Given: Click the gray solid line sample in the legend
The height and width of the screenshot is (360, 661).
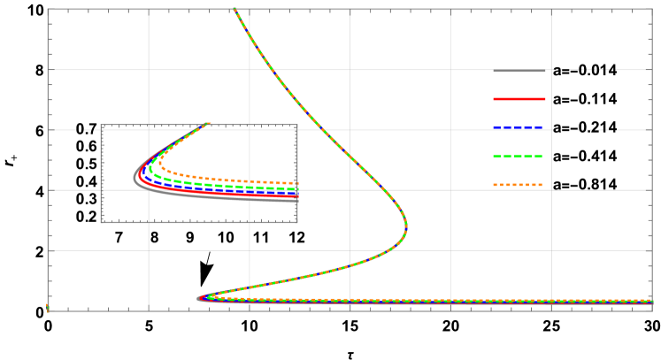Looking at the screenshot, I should click(519, 71).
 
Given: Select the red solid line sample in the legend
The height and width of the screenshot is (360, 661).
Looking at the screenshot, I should click(519, 99).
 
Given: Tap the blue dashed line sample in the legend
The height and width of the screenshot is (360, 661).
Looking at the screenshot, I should click(519, 127).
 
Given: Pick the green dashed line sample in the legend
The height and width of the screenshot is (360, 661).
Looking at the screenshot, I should click(519, 157).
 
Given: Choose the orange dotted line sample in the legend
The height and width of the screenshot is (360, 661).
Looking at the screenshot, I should click(519, 185).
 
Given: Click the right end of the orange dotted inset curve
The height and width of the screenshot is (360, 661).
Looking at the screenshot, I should click(296, 183).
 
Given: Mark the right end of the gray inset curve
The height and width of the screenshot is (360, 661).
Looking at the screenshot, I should click(296, 200).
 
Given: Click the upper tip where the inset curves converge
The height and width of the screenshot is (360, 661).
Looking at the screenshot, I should click(209, 124).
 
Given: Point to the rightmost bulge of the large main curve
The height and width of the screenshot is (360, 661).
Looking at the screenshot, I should click(406, 226).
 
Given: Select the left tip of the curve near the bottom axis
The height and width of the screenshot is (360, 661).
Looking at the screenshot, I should click(198, 298).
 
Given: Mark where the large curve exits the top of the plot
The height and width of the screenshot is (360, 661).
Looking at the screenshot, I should click(234, 10).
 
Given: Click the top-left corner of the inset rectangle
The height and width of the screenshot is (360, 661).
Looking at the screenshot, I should click(102, 126).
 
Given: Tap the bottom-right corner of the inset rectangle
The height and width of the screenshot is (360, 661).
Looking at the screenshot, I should click(296, 222).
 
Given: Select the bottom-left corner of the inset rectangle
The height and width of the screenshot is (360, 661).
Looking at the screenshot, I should click(102, 222).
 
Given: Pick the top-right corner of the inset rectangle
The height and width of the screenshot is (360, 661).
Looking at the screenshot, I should click(296, 126).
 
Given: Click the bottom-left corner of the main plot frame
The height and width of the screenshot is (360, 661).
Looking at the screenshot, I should click(48, 310).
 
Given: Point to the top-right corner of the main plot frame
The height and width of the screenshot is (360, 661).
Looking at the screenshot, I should click(652, 10).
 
